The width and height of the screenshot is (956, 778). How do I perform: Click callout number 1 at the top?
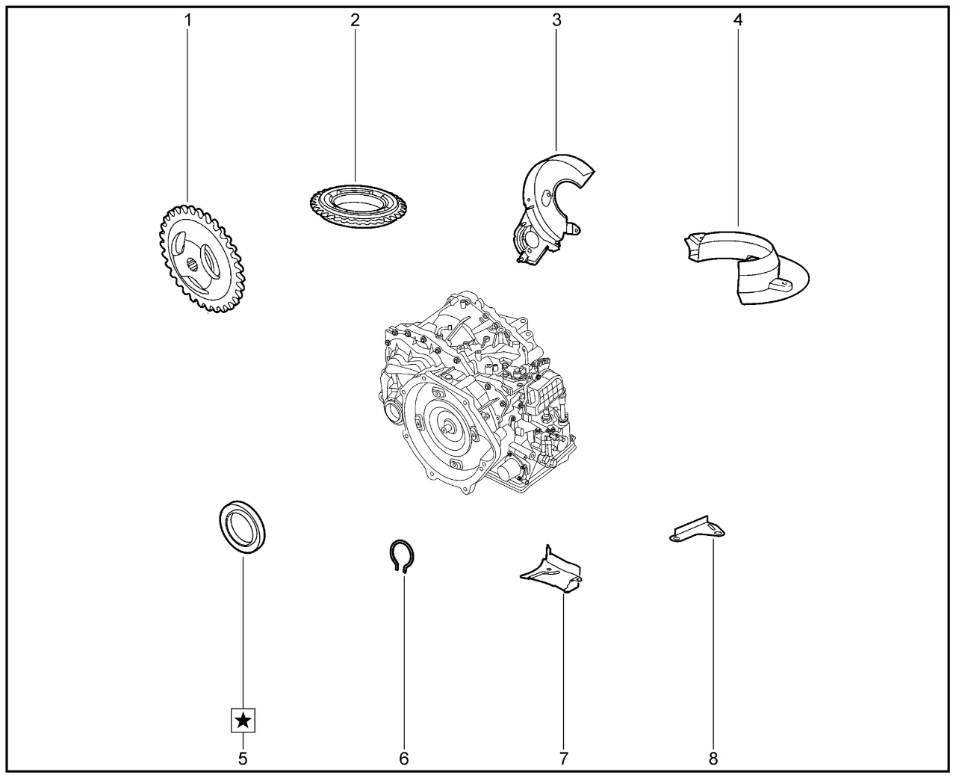(188, 20)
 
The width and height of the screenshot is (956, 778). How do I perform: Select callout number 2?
(355, 20)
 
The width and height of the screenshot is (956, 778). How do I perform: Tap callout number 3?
(556, 20)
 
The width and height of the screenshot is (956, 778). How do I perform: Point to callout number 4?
(738, 20)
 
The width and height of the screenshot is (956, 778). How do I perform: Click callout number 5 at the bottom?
(243, 759)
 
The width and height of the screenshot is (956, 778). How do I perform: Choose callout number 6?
(404, 759)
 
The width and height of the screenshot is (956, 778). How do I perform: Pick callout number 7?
(563, 759)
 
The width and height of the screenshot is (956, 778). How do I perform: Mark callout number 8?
(713, 759)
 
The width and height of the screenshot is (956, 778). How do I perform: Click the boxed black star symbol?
(243, 721)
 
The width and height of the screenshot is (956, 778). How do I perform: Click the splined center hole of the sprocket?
(193, 266)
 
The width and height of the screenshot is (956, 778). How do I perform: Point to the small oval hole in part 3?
(547, 197)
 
